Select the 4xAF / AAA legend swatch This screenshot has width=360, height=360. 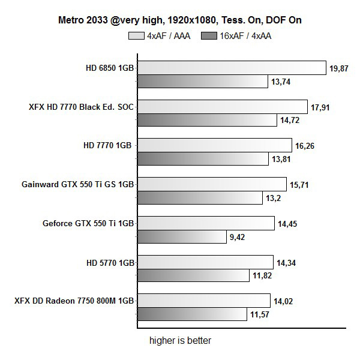(x=136, y=35)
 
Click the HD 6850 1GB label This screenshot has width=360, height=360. (x=110, y=68)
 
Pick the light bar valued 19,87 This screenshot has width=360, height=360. (x=232, y=68)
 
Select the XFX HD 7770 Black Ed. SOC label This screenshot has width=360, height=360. (x=82, y=107)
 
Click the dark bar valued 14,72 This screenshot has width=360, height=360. (x=207, y=120)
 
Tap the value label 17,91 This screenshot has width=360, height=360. (x=321, y=107)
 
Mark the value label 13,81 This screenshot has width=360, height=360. (x=281, y=158)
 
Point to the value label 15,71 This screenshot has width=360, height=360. (x=300, y=184)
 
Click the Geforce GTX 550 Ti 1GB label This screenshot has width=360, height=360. (x=88, y=223)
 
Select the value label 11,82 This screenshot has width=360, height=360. (x=262, y=275)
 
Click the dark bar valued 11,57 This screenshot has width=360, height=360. (x=192, y=314)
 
